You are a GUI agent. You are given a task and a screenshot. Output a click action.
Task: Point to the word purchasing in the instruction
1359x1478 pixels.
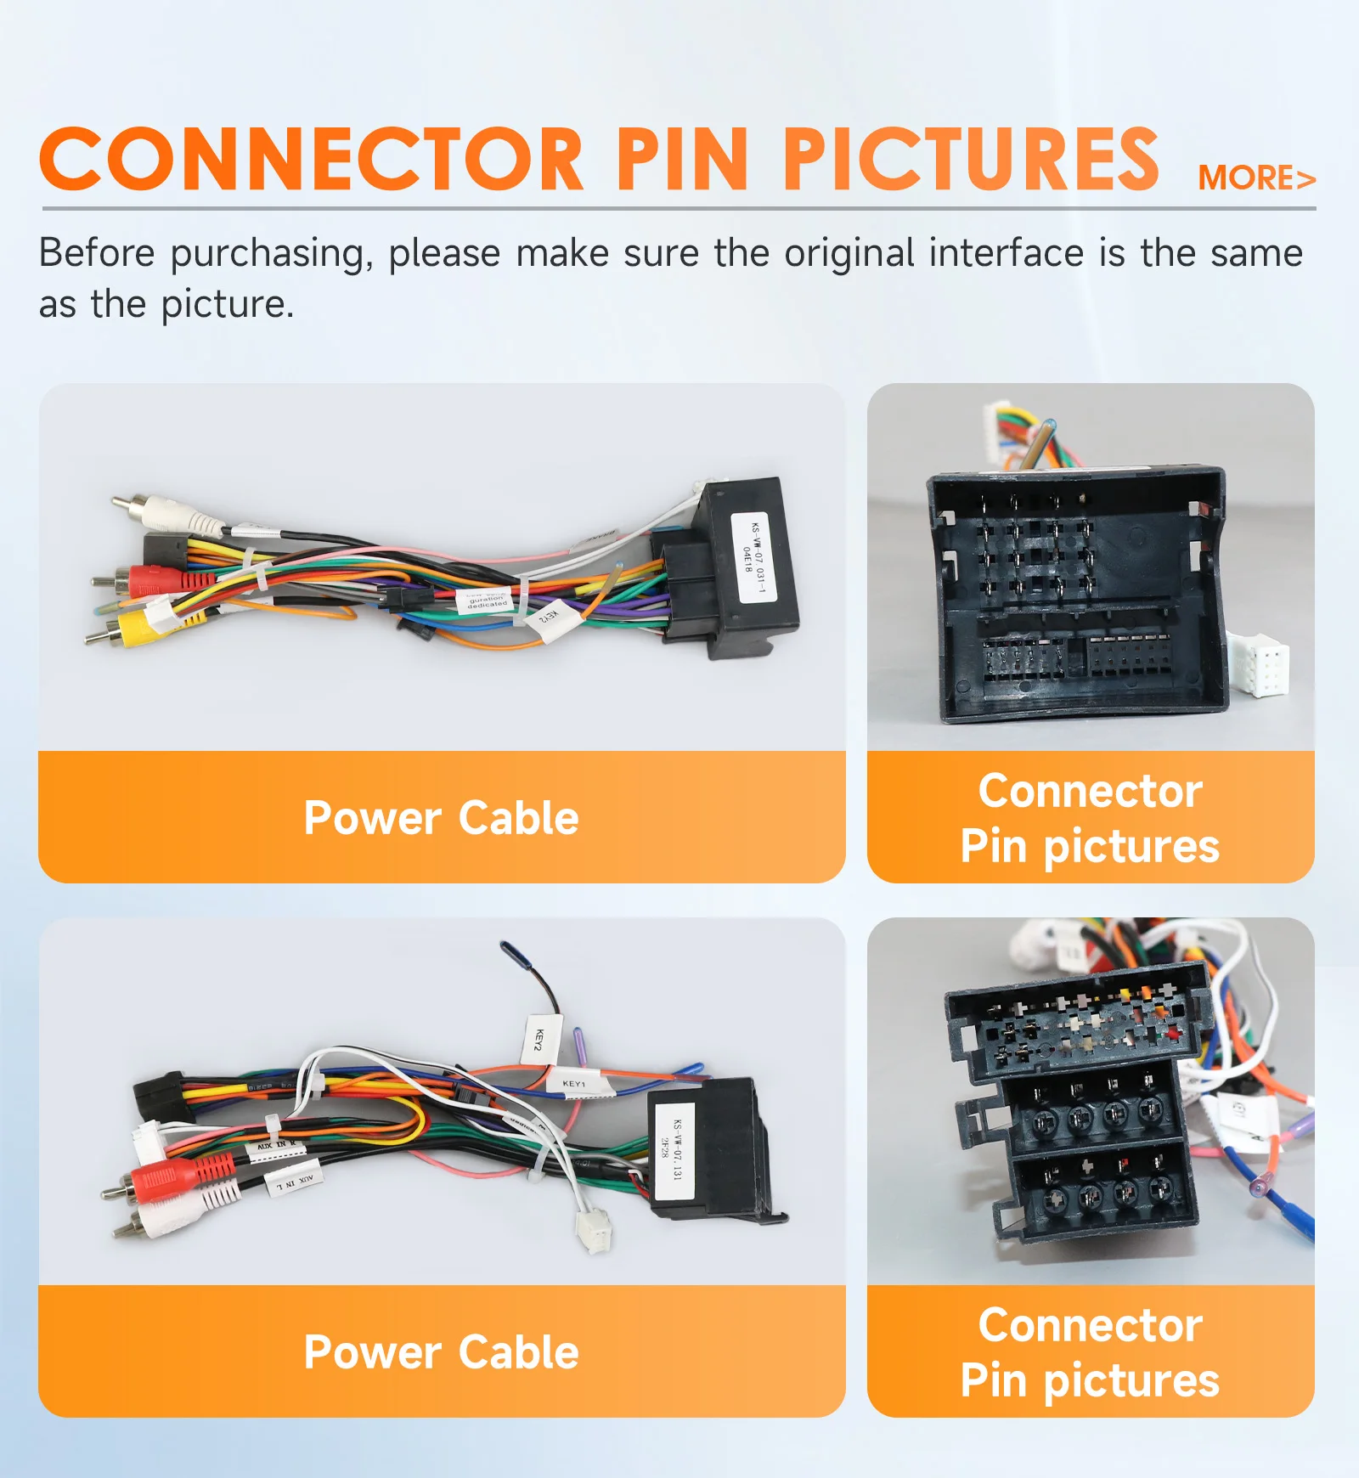pyautogui.click(x=271, y=254)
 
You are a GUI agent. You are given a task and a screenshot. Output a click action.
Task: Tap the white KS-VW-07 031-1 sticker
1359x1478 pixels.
pyautogui.click(x=752, y=557)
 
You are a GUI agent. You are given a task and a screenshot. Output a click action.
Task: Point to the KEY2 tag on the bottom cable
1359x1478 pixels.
pyautogui.click(x=539, y=1038)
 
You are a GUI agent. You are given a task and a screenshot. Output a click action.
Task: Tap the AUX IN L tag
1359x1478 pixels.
pyautogui.click(x=294, y=1181)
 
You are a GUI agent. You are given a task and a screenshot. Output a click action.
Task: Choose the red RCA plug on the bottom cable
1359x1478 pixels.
pyautogui.click(x=183, y=1178)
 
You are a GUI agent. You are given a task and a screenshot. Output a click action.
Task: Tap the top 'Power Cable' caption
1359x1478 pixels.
pyautogui.click(x=442, y=818)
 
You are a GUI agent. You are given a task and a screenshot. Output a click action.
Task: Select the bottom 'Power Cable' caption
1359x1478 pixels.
pyautogui.click(x=442, y=1352)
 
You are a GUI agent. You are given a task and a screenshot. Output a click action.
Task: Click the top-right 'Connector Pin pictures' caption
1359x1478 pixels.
pyautogui.click(x=1090, y=818)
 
